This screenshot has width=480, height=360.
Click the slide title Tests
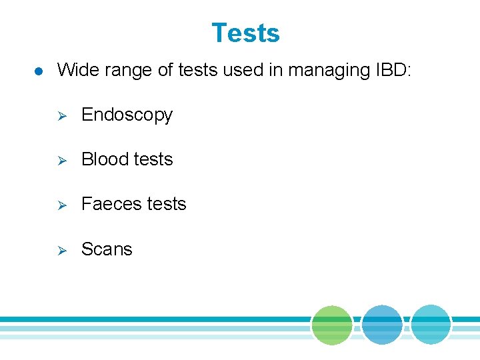click(245, 33)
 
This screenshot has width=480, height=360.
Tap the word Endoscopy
click(127, 115)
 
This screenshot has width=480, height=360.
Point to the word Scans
click(107, 249)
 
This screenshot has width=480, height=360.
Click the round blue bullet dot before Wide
click(39, 71)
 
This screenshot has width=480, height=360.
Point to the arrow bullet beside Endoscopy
click(59, 116)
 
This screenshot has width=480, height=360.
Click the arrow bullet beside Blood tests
click(59, 160)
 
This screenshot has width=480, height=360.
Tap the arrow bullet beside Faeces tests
click(59, 205)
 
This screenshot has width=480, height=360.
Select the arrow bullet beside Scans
click(59, 250)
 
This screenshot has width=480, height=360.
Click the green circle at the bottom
click(332, 325)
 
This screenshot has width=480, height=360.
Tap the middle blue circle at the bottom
click(382, 325)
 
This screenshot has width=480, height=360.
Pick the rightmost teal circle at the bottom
click(431, 325)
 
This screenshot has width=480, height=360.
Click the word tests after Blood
click(153, 159)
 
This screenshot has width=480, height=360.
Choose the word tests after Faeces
click(167, 204)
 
